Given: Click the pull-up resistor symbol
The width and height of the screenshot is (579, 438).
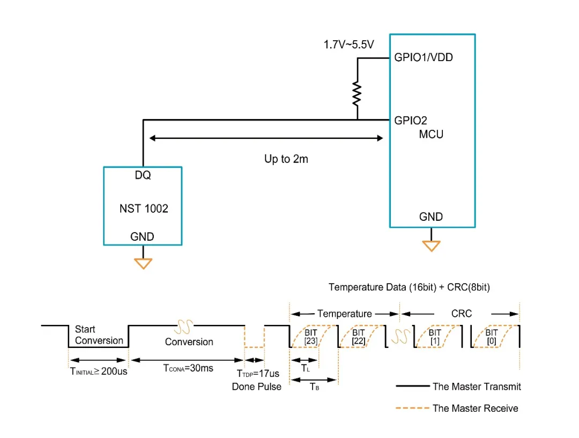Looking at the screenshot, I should [357, 94].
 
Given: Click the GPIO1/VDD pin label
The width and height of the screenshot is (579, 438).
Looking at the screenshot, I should [424, 57].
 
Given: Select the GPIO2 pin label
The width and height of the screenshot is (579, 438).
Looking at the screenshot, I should [411, 120].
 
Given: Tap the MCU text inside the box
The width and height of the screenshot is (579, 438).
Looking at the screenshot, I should [431, 134].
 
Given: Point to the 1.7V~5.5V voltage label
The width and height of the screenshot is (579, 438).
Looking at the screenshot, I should [348, 45].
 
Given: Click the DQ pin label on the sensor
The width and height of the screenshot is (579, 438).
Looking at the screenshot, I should [143, 175].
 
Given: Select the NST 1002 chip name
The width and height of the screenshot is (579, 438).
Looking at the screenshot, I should [144, 209].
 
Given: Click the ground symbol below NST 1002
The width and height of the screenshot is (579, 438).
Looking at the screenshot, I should [143, 263].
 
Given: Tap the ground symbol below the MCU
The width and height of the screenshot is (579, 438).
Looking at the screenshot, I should [431, 246].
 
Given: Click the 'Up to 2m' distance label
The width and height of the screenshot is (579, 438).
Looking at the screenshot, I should [286, 159].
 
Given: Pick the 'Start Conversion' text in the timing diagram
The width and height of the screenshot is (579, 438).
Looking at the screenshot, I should [99, 335].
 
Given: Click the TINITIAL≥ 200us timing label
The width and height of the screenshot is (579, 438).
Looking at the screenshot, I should [99, 370].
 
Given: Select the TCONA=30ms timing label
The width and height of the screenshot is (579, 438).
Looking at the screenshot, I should [188, 368].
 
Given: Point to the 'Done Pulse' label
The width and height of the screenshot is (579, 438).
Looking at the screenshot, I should [257, 387].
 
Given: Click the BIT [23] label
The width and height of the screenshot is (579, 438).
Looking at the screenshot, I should [311, 337].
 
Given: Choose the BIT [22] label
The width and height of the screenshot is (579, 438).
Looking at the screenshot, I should [359, 337].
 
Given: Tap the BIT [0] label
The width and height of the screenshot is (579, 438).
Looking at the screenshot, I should [492, 337].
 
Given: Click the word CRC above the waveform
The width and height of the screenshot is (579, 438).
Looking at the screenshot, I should [462, 314].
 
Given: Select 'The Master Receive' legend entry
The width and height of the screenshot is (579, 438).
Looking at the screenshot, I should [476, 409].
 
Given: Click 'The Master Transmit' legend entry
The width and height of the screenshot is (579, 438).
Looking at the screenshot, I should [477, 386].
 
